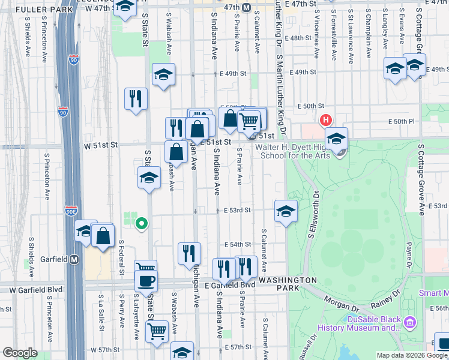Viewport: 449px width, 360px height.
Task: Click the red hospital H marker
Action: (x=327, y=120)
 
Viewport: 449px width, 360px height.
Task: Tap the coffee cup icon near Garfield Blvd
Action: (x=145, y=280)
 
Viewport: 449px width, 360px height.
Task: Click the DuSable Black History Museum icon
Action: (x=410, y=323)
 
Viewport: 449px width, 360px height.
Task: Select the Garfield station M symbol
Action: (x=74, y=260)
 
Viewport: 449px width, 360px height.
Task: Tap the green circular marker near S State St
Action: (x=142, y=224)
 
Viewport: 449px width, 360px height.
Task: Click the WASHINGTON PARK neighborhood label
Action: (x=288, y=284)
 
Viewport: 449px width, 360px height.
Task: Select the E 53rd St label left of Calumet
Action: (x=237, y=211)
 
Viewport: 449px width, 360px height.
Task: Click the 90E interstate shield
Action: (x=70, y=211)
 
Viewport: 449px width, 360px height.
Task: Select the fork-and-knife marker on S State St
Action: (x=136, y=98)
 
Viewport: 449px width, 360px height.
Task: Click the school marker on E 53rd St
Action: (x=286, y=211)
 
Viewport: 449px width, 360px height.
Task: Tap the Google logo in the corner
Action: (x=20, y=353)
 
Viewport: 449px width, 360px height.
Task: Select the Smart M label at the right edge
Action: (x=433, y=293)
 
